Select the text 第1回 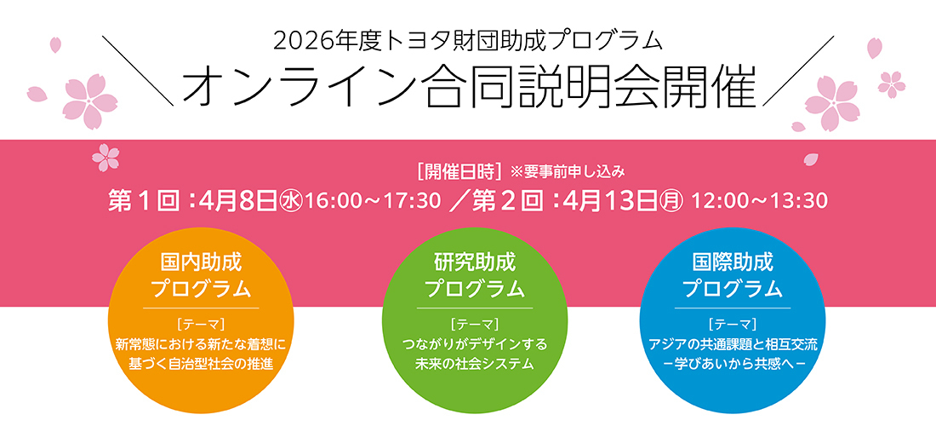point(142,201)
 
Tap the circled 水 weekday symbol point(291,202)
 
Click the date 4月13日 point(607,201)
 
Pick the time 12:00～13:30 point(760,202)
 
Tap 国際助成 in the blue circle point(732,261)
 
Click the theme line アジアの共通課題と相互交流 point(732,345)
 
